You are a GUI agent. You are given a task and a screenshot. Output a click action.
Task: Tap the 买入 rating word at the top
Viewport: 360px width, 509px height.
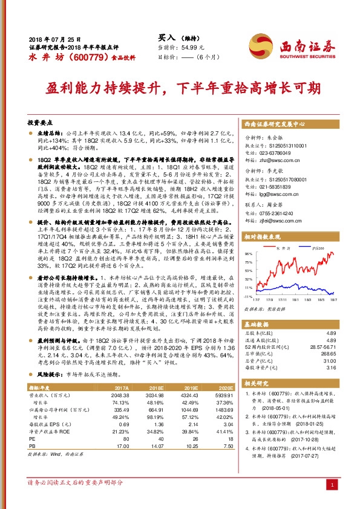pyautogui.click(x=165, y=37)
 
